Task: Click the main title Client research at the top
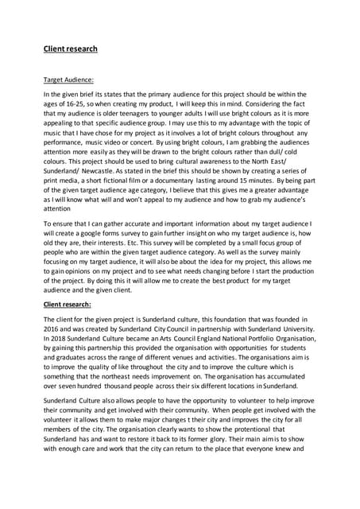click(70, 49)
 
